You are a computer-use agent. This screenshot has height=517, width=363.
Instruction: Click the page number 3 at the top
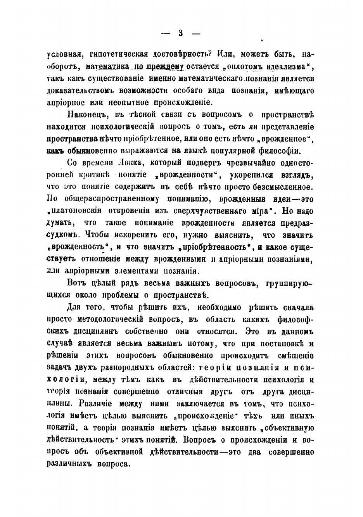[181, 33]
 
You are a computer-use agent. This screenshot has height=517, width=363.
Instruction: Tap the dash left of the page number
[166, 34]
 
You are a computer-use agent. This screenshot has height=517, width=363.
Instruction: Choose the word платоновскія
[76, 211]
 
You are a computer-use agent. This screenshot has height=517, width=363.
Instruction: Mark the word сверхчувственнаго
[219, 211]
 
